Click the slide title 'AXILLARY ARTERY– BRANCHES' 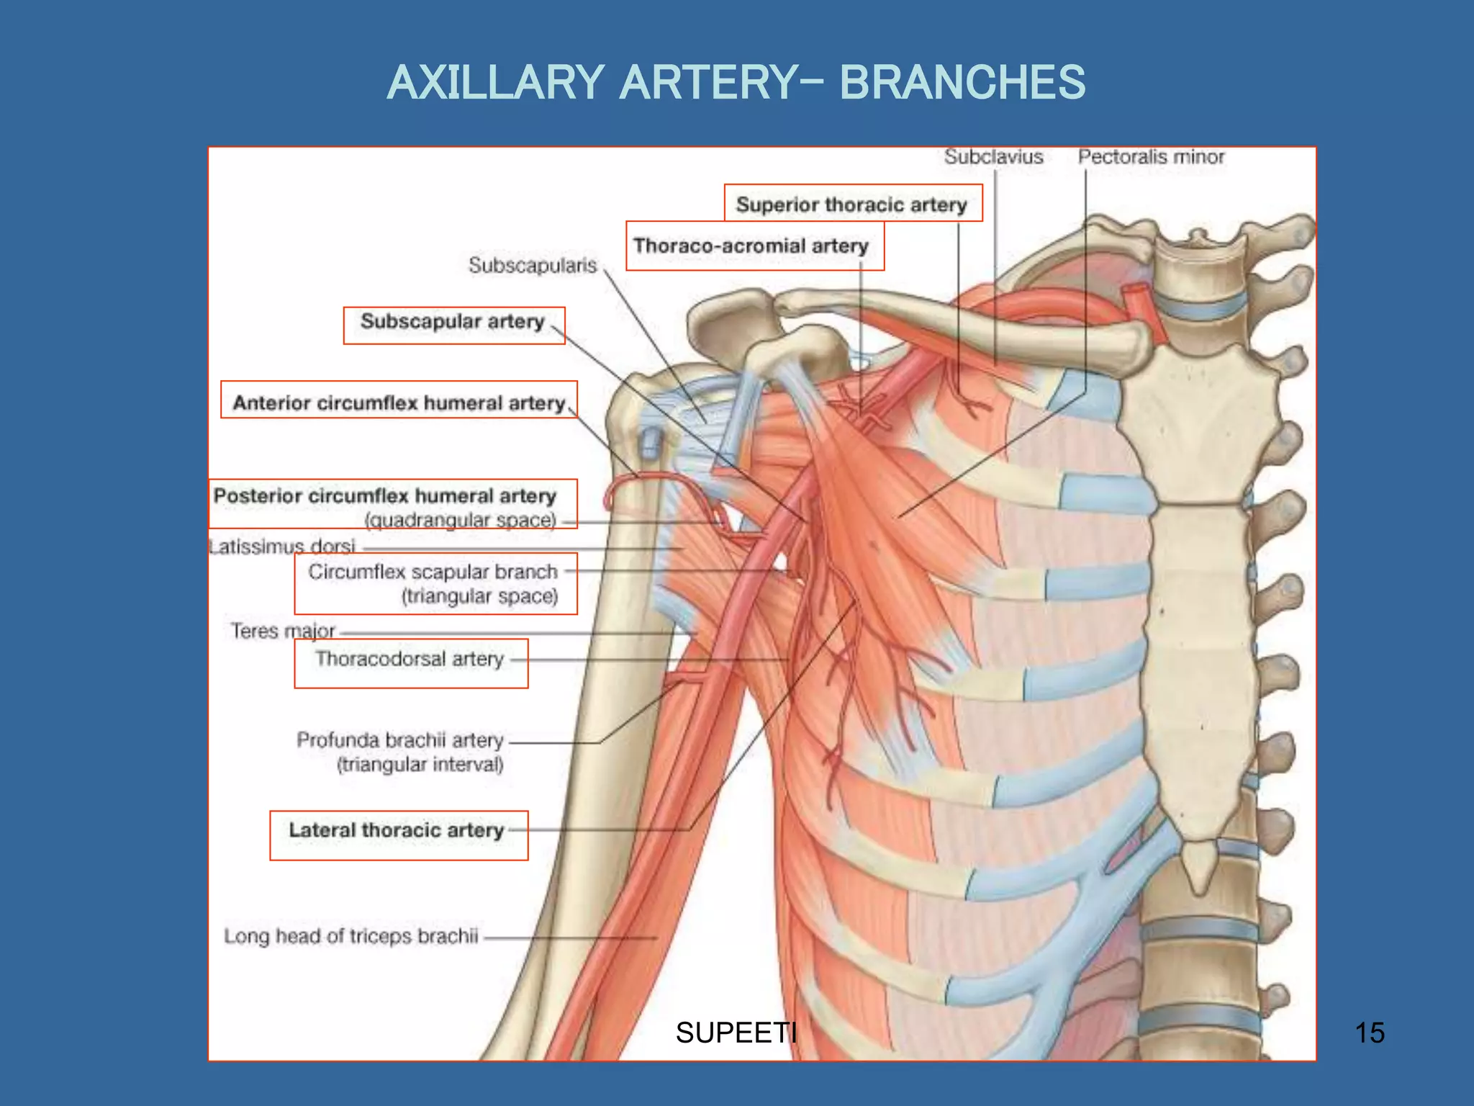[x=736, y=82]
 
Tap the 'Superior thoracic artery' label [x=851, y=205]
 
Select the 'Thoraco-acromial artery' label [x=751, y=246]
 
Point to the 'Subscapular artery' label [x=452, y=321]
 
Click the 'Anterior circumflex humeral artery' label [x=399, y=403]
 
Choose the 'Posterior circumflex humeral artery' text [x=385, y=496]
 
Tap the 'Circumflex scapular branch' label [x=433, y=572]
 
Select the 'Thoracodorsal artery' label [x=409, y=659]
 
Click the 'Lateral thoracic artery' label [x=396, y=830]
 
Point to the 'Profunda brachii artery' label [x=399, y=740]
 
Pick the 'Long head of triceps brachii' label [x=351, y=936]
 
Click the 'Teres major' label [x=282, y=631]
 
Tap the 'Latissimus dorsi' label [x=282, y=547]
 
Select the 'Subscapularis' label [x=533, y=266]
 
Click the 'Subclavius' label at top [x=993, y=157]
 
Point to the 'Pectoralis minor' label [x=1150, y=157]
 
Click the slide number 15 [x=1369, y=1033]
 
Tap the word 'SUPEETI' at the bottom [x=736, y=1033]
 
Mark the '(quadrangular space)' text [x=460, y=521]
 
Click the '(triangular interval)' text [x=420, y=765]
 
